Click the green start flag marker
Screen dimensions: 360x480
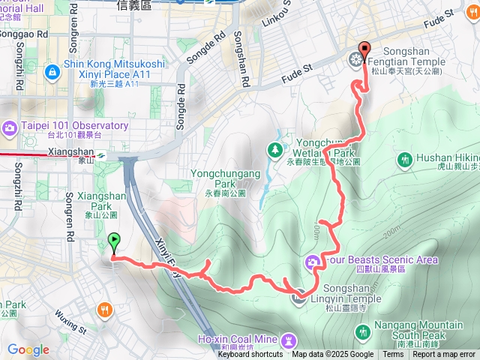tap(114, 241)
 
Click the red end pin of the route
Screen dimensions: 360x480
tap(364, 50)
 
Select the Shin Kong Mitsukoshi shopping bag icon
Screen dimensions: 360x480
tap(52, 72)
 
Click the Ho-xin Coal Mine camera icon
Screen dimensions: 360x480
tap(288, 341)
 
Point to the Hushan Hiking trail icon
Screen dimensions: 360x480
tap(405, 159)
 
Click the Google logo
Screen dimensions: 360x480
tap(28, 349)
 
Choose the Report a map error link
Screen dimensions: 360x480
tap(444, 355)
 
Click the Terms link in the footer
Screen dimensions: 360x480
tap(393, 355)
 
